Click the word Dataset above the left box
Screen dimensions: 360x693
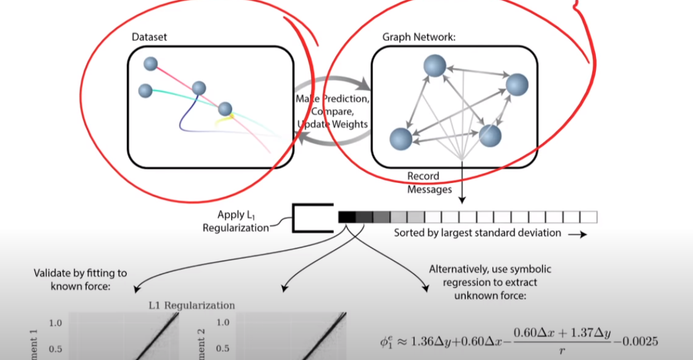[x=149, y=37]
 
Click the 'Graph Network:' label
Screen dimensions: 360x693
[x=419, y=37]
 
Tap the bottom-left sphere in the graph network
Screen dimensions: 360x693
[x=401, y=139]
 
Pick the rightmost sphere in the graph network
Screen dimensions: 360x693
[x=517, y=85]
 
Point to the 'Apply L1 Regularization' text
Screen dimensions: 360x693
[x=236, y=221]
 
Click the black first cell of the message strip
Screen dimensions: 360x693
[x=346, y=217]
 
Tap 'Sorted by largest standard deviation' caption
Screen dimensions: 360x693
[x=477, y=233]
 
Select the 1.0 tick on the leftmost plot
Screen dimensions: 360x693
[x=55, y=323]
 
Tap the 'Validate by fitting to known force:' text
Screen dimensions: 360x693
[x=80, y=278]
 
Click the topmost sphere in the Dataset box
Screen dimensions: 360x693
[x=151, y=64]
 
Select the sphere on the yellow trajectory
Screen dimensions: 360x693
[x=225, y=109]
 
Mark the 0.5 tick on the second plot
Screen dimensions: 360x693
[x=223, y=349]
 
